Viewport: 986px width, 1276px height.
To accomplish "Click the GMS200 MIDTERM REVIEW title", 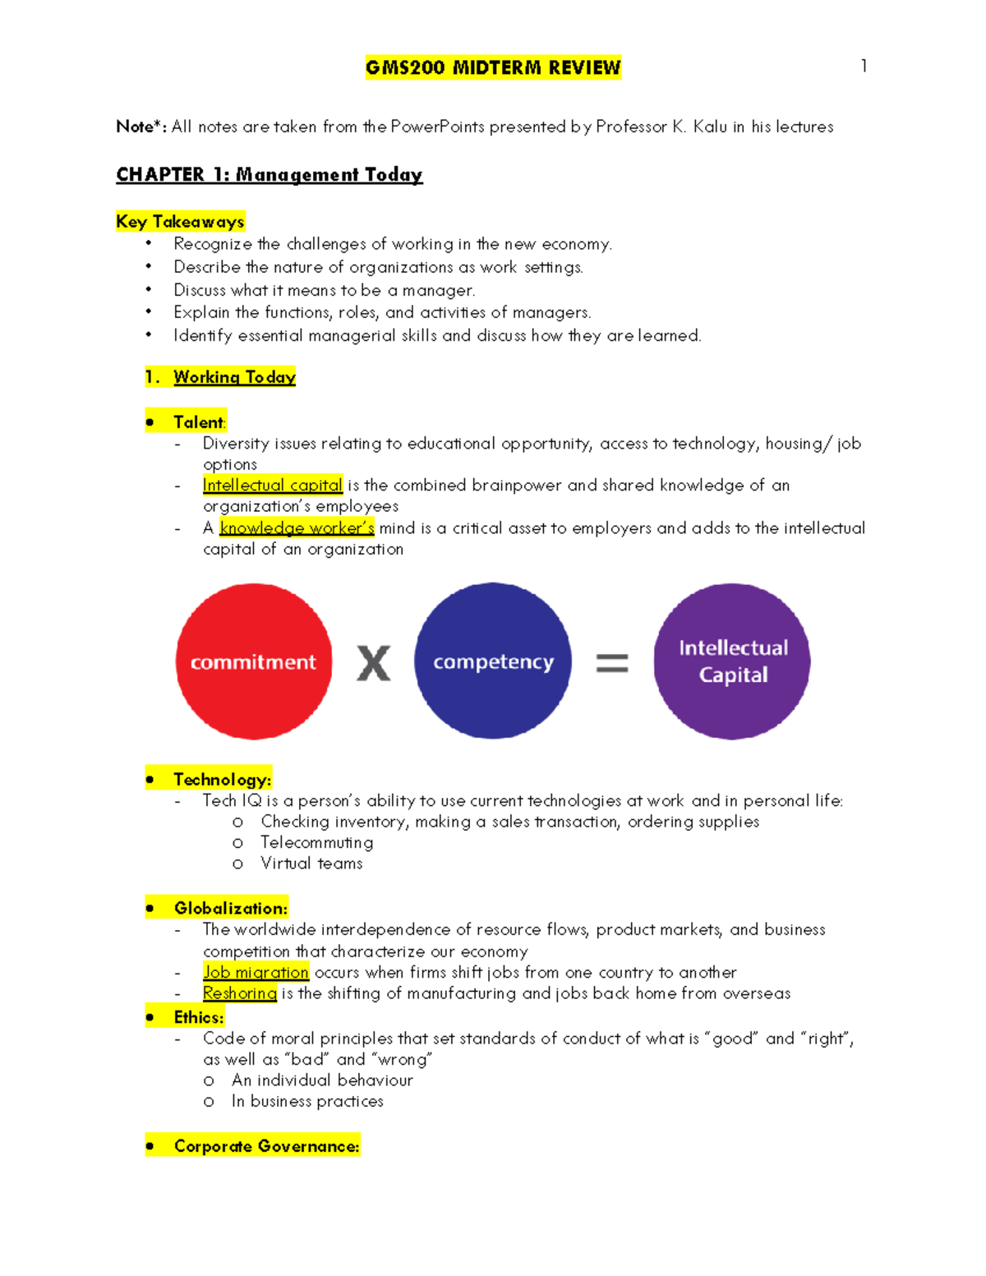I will click(493, 67).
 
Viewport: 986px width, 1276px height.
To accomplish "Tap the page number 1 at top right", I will click(864, 66).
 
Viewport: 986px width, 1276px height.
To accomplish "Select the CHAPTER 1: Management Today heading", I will click(269, 174).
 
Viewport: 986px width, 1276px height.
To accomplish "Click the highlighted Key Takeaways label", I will click(180, 221).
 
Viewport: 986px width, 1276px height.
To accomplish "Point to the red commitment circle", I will click(254, 661).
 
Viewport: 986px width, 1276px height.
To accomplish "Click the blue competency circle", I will click(493, 661).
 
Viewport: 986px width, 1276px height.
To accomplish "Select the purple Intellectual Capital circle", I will click(732, 661).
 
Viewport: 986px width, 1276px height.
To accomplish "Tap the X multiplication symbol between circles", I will click(374, 663).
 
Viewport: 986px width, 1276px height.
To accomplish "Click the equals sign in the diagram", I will click(612, 663).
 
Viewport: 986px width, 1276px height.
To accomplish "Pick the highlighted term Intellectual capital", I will click(272, 485).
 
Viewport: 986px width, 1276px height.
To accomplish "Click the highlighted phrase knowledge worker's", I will click(297, 527).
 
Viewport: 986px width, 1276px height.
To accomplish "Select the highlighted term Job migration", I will click(256, 972).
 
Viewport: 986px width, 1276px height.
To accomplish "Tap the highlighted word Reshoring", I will click(239, 993).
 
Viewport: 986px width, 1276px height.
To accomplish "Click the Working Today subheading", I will click(234, 377).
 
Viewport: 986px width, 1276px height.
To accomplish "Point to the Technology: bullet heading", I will click(222, 779).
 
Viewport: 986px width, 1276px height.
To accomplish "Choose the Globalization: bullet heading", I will click(230, 908).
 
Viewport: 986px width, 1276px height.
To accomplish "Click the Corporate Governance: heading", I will click(266, 1146).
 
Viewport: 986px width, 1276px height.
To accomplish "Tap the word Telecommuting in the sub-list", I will click(316, 842).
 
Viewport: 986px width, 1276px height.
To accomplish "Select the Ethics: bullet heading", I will click(198, 1017).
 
